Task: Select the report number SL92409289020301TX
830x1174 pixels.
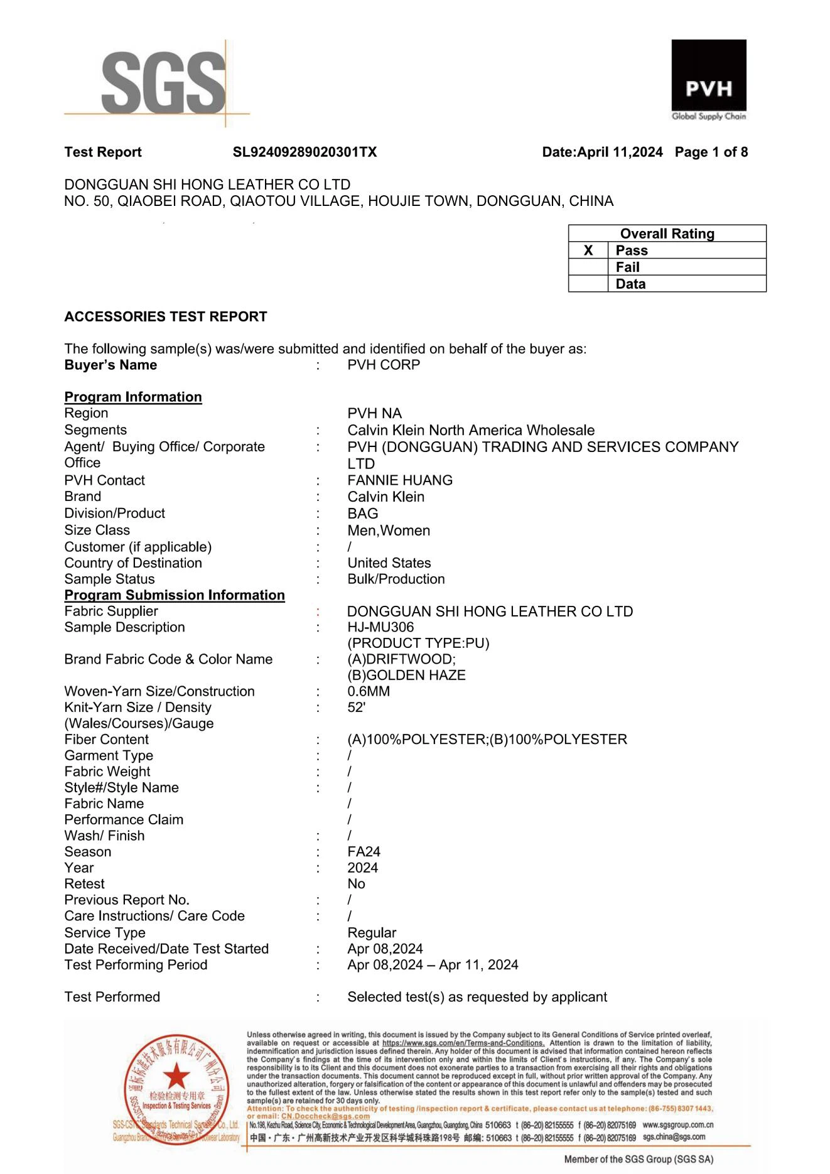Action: pos(305,152)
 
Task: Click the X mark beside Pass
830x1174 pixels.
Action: pos(588,250)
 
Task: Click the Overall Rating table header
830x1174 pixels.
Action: pos(667,234)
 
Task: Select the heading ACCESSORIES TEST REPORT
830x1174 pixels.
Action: pos(166,316)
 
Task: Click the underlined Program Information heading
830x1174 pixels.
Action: pos(133,397)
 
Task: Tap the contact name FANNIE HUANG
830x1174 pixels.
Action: pos(400,480)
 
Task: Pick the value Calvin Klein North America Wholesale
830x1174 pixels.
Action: pos(471,430)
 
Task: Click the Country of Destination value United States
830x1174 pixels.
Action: pos(389,563)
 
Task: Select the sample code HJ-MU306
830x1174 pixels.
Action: pos(380,627)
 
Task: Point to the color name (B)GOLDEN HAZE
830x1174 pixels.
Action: pos(406,676)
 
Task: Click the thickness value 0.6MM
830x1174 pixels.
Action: pos(369,691)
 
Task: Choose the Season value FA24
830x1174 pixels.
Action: pos(364,852)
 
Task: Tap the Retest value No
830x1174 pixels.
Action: pos(356,884)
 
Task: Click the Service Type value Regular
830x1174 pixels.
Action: pos(372,933)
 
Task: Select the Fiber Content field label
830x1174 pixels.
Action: pos(107,740)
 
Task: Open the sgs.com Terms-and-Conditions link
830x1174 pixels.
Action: pos(463,1043)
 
